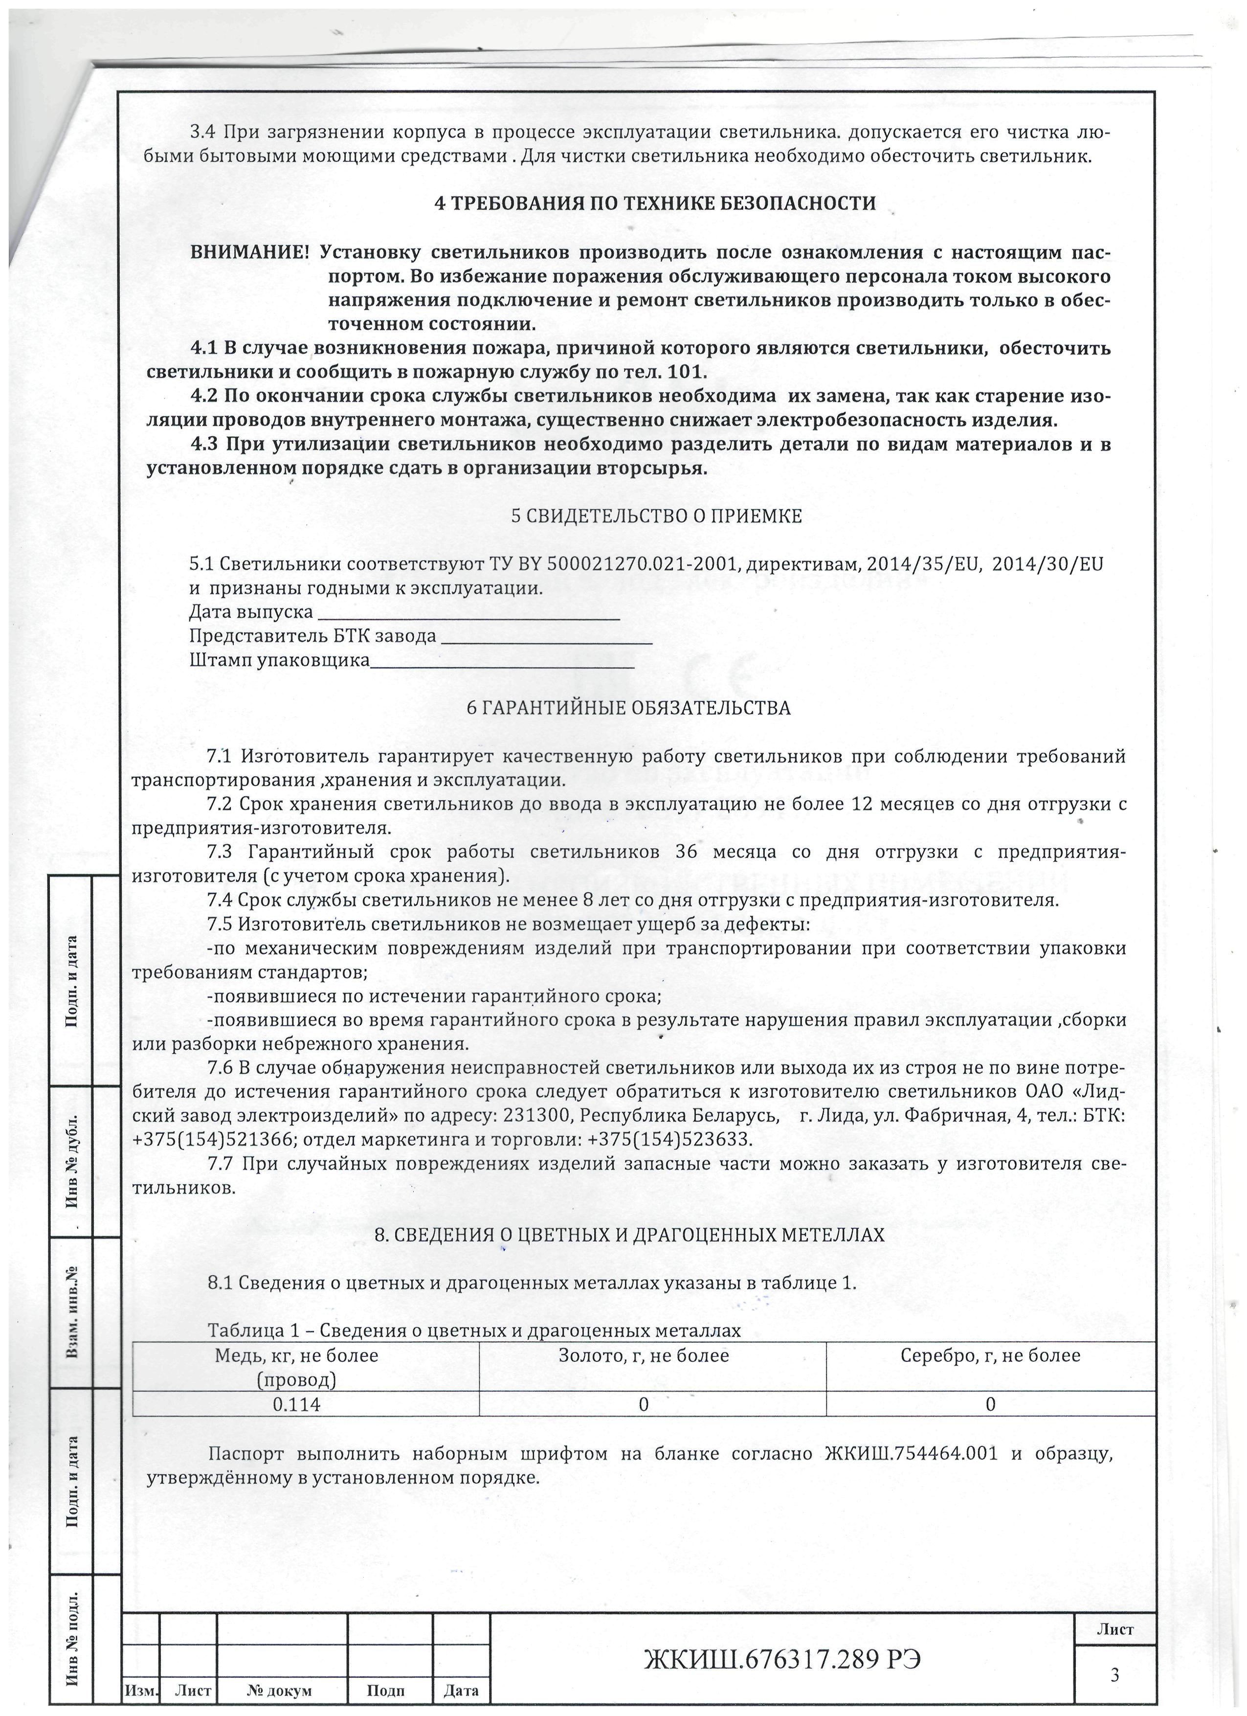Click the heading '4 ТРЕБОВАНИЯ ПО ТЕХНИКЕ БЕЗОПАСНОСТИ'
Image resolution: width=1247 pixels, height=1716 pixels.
coord(655,203)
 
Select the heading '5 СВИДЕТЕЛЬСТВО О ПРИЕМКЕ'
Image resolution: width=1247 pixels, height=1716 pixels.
coord(656,516)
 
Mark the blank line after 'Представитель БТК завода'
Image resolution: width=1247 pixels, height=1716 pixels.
coord(546,638)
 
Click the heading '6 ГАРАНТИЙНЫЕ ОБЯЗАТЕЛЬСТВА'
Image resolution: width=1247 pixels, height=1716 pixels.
coord(628,708)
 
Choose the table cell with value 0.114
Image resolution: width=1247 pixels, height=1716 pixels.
coord(296,1404)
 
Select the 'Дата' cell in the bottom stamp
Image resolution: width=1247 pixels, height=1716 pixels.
coord(461,1690)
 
